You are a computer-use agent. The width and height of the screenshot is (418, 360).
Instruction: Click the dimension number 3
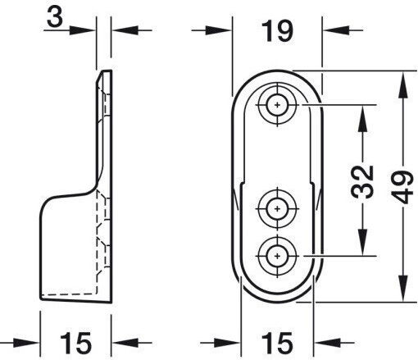coord(55,17)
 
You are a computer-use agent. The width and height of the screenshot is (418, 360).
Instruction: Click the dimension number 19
coord(277,31)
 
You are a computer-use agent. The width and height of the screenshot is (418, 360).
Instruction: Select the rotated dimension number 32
coord(362,182)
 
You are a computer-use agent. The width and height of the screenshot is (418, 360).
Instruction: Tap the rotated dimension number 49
coord(402,187)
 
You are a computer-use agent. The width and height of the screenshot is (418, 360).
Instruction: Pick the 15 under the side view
coord(75,343)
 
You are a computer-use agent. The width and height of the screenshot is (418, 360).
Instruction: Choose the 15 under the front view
coord(277,343)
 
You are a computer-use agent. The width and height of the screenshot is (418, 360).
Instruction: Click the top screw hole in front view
coord(277,105)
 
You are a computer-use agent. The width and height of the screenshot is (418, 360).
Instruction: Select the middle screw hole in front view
coord(277,209)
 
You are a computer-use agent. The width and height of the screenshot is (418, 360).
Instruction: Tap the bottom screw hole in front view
coord(277,256)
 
